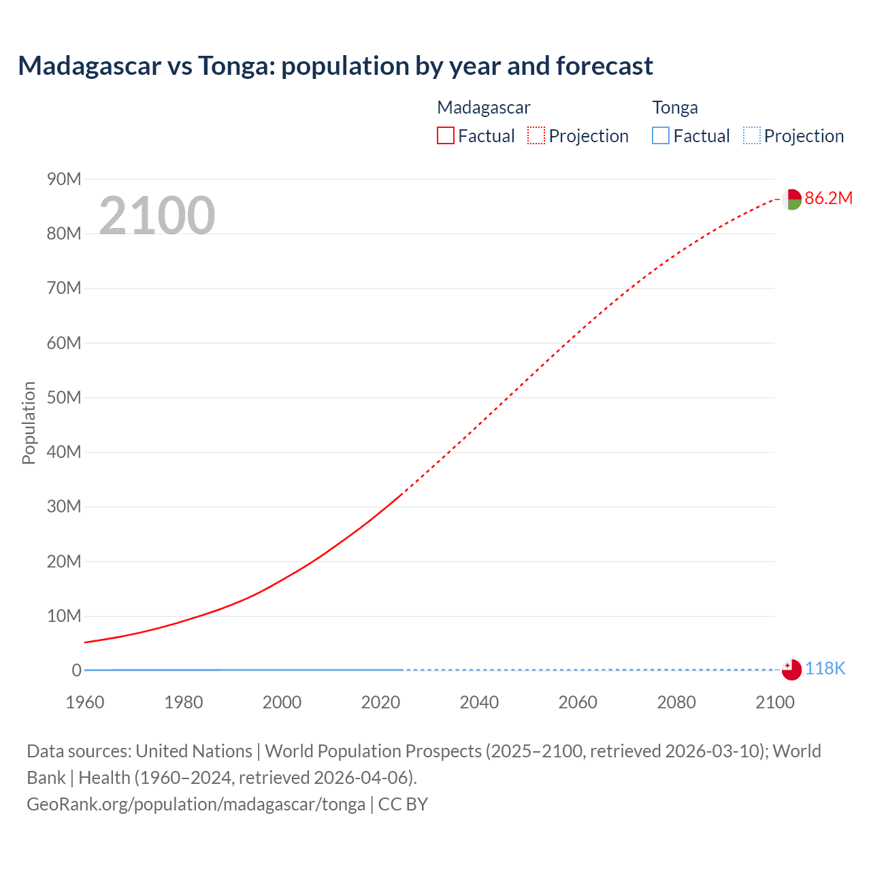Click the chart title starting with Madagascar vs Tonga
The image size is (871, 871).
pyautogui.click(x=335, y=66)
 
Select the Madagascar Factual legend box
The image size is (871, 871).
pyautogui.click(x=446, y=135)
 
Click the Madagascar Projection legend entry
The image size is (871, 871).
pyautogui.click(x=578, y=135)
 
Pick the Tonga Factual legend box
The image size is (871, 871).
pyautogui.click(x=661, y=135)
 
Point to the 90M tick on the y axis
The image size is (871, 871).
pyautogui.click(x=64, y=179)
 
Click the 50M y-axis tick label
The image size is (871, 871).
pyautogui.click(x=64, y=397)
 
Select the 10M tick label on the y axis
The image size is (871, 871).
pyautogui.click(x=64, y=616)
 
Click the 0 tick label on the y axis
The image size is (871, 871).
pyautogui.click(x=76, y=670)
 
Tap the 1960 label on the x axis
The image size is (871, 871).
pyautogui.click(x=85, y=702)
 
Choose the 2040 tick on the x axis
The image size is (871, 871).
pyautogui.click(x=479, y=702)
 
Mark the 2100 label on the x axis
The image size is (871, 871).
pyautogui.click(x=774, y=702)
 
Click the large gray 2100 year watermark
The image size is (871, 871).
pyautogui.click(x=157, y=216)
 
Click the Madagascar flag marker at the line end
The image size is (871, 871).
pyautogui.click(x=791, y=199)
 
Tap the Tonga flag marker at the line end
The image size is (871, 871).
pyautogui.click(x=791, y=670)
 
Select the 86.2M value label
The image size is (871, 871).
pyautogui.click(x=828, y=198)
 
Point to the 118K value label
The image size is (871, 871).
pyautogui.click(x=825, y=668)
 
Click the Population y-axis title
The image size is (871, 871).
pyautogui.click(x=29, y=423)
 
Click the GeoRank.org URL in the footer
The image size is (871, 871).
pyautogui.click(x=196, y=804)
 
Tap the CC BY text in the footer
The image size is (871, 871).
pyautogui.click(x=403, y=804)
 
